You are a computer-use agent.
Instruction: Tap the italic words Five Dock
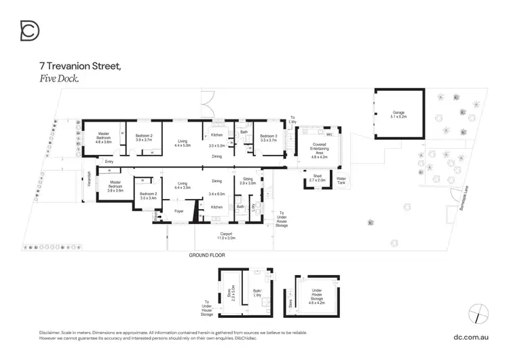pyautogui.click(x=60, y=79)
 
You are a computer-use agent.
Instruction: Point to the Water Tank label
pyautogui.click(x=341, y=181)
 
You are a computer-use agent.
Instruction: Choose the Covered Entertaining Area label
pyautogui.click(x=318, y=149)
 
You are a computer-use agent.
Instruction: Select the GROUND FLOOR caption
pyautogui.click(x=206, y=255)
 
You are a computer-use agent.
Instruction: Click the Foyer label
pyautogui.click(x=179, y=211)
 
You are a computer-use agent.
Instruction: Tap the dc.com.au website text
pyautogui.click(x=471, y=336)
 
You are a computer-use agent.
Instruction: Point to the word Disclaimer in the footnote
pyautogui.click(x=52, y=332)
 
